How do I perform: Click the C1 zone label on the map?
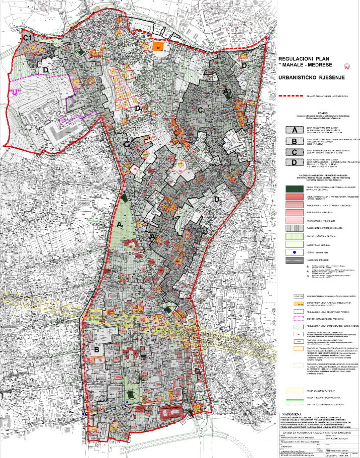[x=27, y=38]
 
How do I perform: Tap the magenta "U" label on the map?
[x=16, y=93]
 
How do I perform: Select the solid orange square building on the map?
[x=157, y=46]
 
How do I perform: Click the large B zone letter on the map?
[x=96, y=348]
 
